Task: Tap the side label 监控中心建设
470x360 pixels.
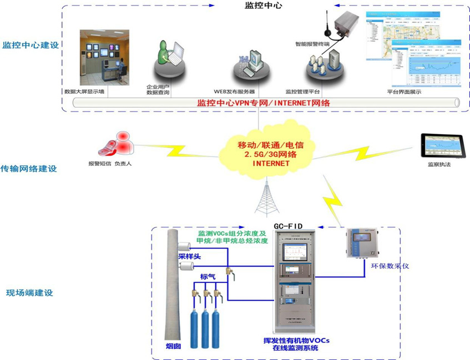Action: click(31, 44)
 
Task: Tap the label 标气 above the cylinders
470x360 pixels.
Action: click(208, 276)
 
